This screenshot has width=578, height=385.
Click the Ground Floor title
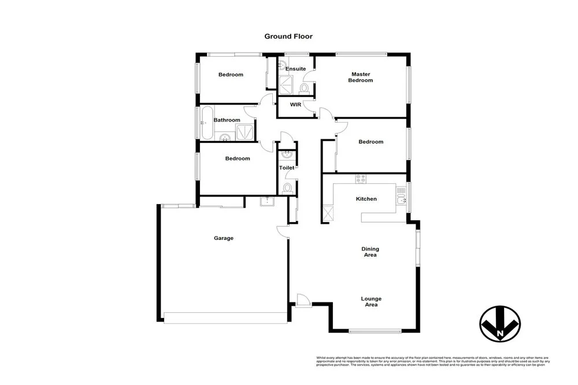click(288, 36)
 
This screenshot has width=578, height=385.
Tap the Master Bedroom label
click(360, 77)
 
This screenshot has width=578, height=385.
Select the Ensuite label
click(295, 69)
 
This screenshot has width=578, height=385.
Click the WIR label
click(295, 105)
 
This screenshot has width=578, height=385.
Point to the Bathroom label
click(227, 120)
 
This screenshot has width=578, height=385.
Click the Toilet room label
click(287, 168)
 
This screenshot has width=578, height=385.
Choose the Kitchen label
click(366, 199)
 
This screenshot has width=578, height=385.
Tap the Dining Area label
click(371, 251)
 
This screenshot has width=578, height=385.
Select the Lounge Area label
click(371, 301)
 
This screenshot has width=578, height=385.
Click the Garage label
click(224, 238)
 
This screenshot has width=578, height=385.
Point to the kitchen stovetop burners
click(361, 179)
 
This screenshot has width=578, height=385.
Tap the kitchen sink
click(401, 200)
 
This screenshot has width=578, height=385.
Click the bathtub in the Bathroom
click(206, 123)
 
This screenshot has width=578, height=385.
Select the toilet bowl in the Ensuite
click(304, 88)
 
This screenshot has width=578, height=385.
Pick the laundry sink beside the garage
click(267, 201)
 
